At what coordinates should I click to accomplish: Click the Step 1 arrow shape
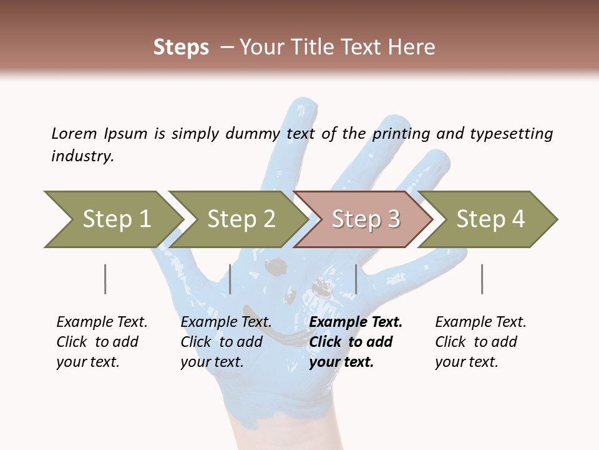click(112, 219)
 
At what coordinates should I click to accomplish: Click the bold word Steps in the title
click(181, 47)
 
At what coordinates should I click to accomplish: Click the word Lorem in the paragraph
click(74, 133)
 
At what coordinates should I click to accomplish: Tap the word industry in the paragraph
click(82, 156)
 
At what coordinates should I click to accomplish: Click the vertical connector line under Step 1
click(105, 279)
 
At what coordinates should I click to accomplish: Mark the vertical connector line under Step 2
click(230, 279)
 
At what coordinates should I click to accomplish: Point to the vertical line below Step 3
click(356, 279)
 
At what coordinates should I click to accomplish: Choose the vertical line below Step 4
click(482, 279)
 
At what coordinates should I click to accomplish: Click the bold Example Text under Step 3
click(356, 322)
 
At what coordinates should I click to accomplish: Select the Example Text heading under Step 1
click(102, 322)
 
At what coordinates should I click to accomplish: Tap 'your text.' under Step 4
click(466, 362)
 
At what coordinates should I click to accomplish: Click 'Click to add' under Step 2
click(222, 342)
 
